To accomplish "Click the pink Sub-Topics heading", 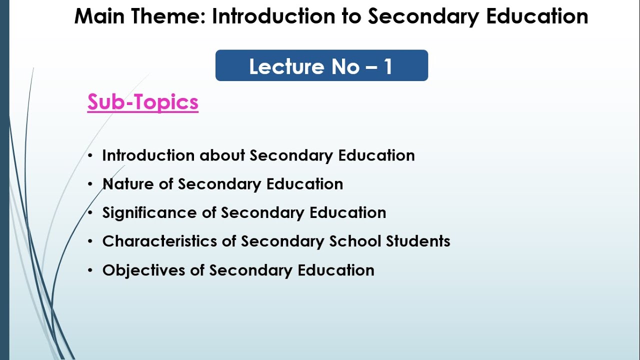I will (143, 102).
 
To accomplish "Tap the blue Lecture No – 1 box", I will (321, 65).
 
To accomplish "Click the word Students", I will (418, 241).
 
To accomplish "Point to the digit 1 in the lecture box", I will (388, 66).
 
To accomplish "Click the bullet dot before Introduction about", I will (90, 156).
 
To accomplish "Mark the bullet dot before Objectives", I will (90, 270).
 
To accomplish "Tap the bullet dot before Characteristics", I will (90, 241).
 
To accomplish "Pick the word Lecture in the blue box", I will (279, 66).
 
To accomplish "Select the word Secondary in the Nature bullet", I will (219, 184).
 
